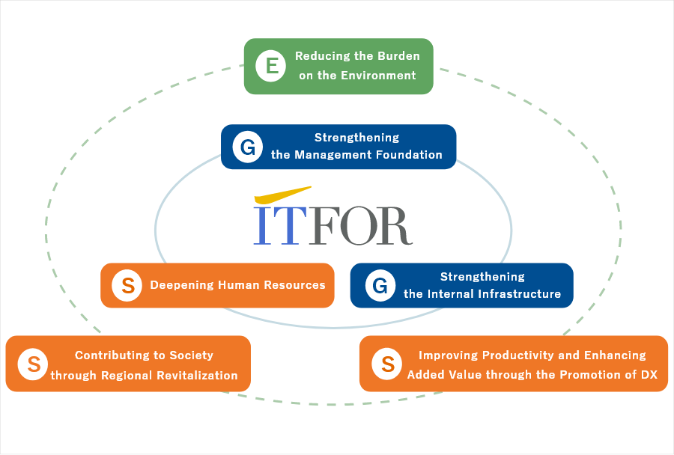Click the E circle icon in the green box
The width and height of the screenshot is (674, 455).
(271, 66)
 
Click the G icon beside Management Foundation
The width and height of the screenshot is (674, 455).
(248, 147)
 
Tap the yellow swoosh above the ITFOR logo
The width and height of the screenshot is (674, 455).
(282, 195)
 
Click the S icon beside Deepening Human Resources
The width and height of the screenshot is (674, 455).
(127, 285)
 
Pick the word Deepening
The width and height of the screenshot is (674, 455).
(182, 285)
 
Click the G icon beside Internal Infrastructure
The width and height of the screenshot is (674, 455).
(380, 285)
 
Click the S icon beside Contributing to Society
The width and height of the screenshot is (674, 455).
(33, 364)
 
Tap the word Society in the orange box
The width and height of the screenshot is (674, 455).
(191, 355)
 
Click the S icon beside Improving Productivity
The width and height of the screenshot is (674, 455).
(387, 364)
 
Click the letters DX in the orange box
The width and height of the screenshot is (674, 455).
(649, 375)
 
